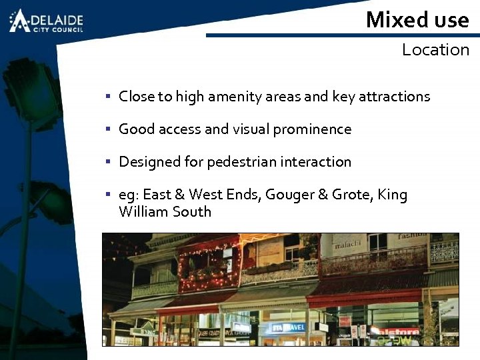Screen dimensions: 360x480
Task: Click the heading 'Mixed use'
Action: [417, 19]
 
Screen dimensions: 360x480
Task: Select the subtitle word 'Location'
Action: [435, 50]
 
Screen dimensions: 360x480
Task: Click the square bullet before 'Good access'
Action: [107, 129]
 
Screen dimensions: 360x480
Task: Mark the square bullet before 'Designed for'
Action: [107, 162]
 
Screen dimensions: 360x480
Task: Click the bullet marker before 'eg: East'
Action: [107, 195]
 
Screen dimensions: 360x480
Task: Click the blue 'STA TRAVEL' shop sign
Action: [287, 327]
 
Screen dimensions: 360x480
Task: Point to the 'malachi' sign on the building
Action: [347, 244]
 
